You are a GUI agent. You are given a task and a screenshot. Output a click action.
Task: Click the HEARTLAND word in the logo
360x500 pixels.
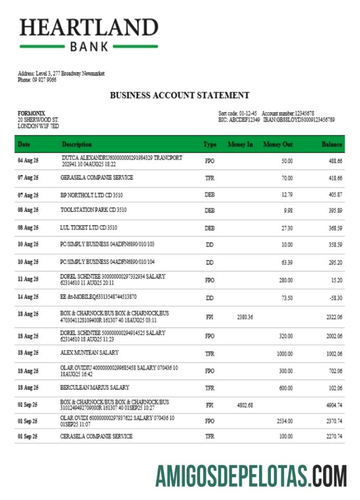pos(89,27)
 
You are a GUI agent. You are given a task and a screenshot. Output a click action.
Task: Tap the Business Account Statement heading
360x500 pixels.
pos(180,95)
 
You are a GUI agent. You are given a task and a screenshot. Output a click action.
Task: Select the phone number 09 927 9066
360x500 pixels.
pos(44,80)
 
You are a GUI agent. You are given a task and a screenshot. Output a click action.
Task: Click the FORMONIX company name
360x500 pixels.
pos(32,113)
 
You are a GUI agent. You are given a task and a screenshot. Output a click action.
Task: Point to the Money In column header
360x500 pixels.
pos(240,144)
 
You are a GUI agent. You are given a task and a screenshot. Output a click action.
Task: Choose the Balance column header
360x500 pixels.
pos(332,144)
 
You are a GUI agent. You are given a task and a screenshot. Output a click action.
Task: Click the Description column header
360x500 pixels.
pos(77,144)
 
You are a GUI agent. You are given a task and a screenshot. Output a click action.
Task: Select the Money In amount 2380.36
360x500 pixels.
pos(245,317)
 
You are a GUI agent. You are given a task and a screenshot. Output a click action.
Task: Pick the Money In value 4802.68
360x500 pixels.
pos(245,405)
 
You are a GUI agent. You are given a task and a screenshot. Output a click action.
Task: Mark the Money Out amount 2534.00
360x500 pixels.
pos(284,421)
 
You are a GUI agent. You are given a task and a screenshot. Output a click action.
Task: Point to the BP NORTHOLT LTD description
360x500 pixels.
pos(92,195)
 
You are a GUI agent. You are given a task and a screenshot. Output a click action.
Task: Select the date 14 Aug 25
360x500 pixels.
pos(28,297)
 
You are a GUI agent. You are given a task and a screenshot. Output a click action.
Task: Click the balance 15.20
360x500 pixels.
pos(337,280)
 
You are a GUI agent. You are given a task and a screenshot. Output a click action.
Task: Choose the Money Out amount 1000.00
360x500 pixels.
pos(284,353)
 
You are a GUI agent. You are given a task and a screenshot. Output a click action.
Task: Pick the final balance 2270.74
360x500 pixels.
pos(334,436)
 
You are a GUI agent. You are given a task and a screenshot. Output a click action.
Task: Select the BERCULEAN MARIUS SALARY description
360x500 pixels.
pos(95,387)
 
